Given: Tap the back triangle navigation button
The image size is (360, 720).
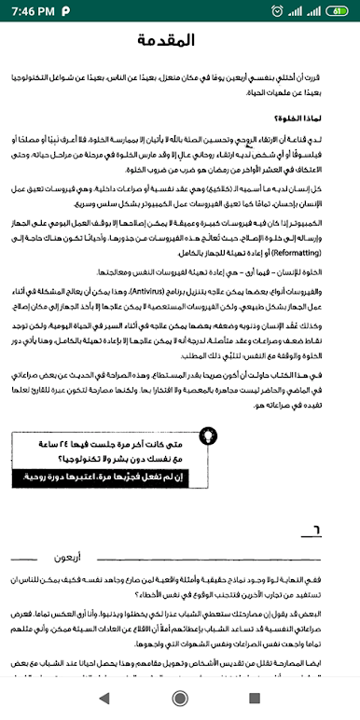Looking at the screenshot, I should pyautogui.click(x=104, y=697).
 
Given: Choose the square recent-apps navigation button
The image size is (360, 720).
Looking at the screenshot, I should pyautogui.click(x=254, y=697).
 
